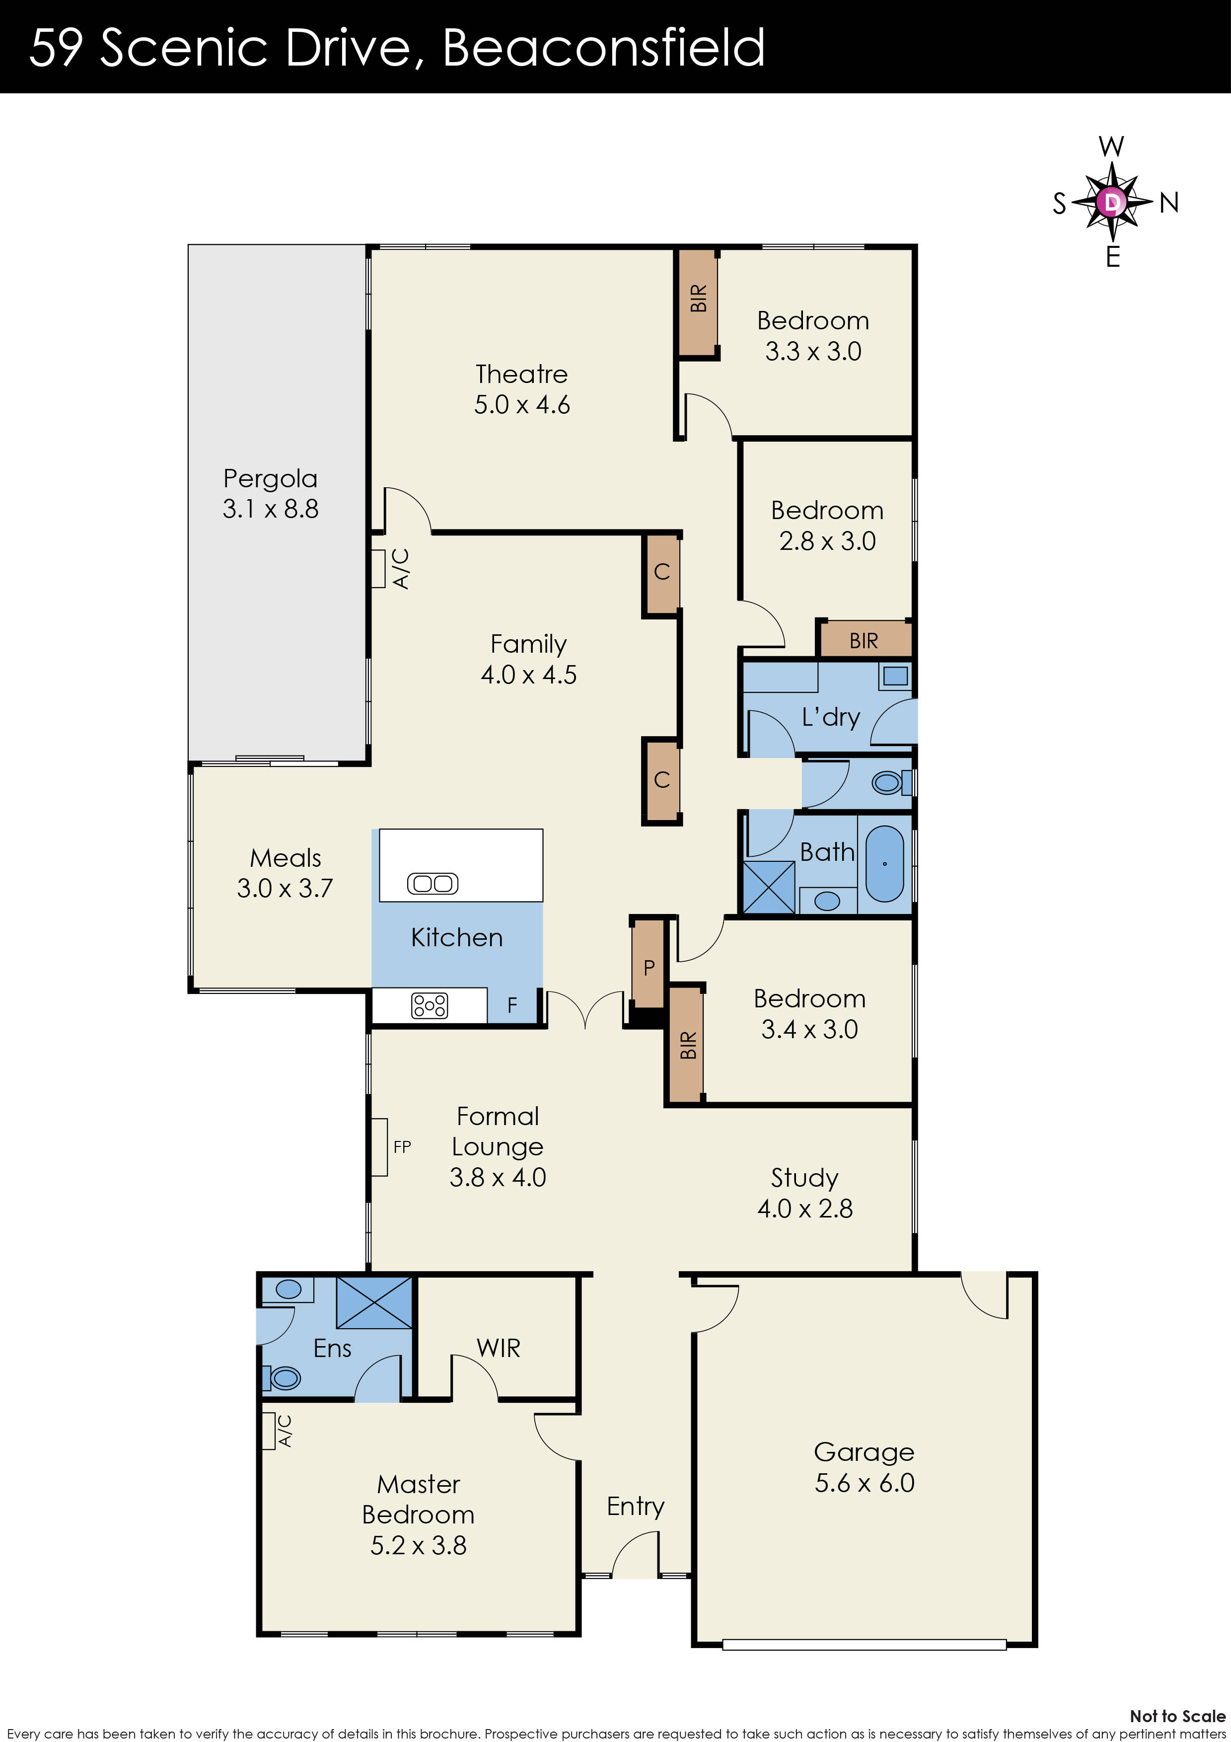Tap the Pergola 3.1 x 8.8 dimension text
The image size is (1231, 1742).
coord(270,508)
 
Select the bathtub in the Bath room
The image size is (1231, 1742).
coord(884,863)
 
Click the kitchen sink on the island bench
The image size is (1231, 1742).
coord(433,883)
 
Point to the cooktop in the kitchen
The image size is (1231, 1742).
coord(430,1006)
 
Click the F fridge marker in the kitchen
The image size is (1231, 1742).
coord(512,1005)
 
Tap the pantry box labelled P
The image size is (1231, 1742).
coord(649,967)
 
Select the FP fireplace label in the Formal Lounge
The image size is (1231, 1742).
coord(402,1147)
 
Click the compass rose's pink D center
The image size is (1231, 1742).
coord(1112,202)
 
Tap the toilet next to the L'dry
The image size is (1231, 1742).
coord(887,782)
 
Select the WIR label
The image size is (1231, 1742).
coord(499,1348)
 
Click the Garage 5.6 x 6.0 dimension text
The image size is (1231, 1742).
coord(864,1483)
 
